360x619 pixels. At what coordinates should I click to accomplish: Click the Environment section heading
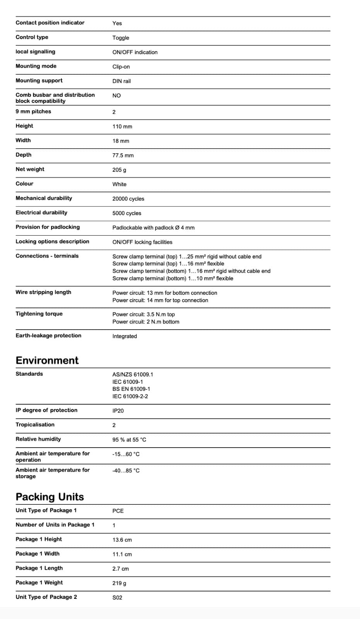point(47,360)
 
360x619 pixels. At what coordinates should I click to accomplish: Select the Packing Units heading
point(49,497)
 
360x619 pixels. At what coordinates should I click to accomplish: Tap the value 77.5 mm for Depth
point(123,155)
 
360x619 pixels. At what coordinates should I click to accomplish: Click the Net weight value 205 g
point(119,170)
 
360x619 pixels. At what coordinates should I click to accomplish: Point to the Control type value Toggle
point(121,38)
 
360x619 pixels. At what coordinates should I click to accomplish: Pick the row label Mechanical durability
point(44,198)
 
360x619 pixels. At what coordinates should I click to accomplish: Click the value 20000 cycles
point(128,198)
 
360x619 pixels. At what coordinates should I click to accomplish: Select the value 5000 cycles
point(127,213)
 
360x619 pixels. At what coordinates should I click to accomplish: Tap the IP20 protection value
point(118,410)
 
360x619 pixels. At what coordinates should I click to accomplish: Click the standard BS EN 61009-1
point(131,389)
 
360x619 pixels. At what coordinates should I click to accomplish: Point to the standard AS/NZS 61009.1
point(133,374)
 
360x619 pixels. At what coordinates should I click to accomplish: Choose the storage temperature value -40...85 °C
point(126,470)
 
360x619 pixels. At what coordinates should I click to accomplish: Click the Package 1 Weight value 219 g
point(119,583)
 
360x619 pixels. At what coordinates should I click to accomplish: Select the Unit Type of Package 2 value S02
point(117,597)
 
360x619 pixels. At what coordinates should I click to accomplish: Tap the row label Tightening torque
point(39,314)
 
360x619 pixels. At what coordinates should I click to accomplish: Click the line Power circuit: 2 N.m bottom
point(146,321)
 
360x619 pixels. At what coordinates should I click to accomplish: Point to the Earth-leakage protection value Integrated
point(125,336)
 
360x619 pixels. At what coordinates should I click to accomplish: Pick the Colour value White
point(119,184)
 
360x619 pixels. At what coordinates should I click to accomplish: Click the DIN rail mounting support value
point(121,81)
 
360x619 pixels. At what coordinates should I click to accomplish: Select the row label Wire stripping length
point(43,292)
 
